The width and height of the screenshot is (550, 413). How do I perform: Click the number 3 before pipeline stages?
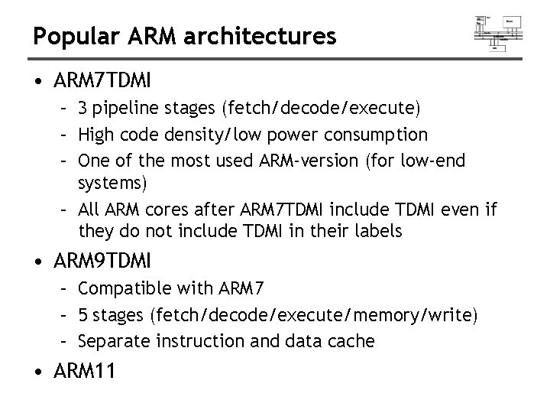[x=82, y=108]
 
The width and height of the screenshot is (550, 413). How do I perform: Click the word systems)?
[x=111, y=183]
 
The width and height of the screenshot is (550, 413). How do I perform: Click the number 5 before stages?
[x=82, y=314]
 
